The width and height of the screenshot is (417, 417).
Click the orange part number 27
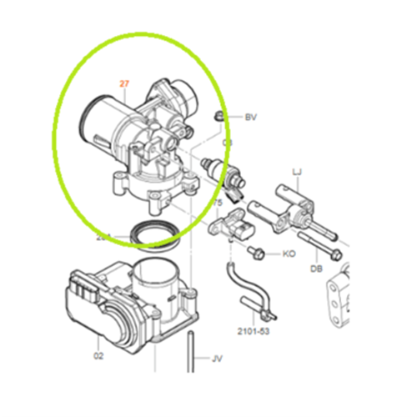coord(125,84)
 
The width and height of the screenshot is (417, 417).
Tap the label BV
coord(250,118)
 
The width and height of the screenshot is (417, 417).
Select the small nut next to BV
coord(219,116)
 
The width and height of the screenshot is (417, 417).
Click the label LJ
coord(296,173)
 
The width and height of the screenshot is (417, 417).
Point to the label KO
coord(289,253)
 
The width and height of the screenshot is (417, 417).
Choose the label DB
coord(316,269)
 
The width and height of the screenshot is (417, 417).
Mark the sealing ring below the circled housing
coord(157,234)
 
